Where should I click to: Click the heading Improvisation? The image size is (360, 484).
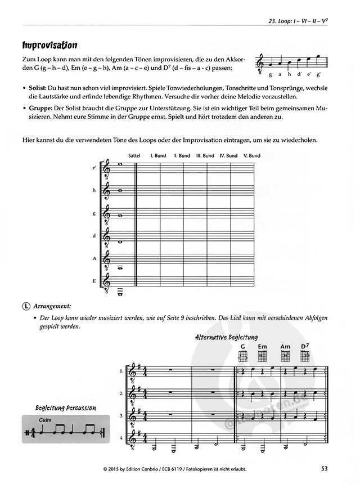[49, 45]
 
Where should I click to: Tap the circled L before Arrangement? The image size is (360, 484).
[26, 306]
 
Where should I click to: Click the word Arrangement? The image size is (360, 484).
[52, 306]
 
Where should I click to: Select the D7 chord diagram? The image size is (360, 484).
[305, 356]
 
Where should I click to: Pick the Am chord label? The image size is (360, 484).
[285, 347]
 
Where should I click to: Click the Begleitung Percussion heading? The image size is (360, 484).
[65, 407]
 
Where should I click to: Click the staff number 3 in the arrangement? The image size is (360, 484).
[121, 415]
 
